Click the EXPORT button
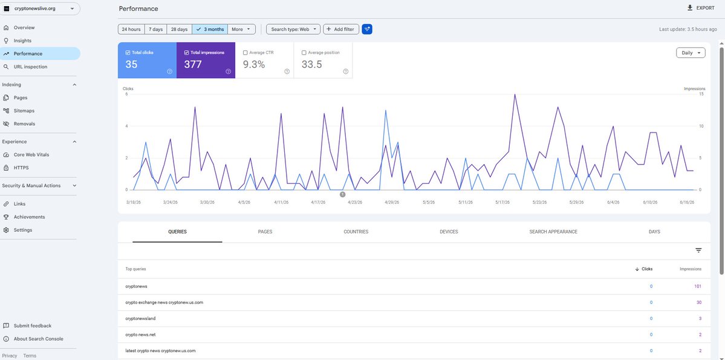(700, 8)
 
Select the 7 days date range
(155, 29)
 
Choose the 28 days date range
(179, 29)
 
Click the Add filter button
(341, 29)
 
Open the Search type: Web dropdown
(293, 29)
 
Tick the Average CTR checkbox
(245, 53)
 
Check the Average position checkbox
(304, 53)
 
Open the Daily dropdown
(691, 53)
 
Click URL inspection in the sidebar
(30, 67)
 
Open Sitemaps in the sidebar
(24, 111)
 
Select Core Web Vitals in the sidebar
(31, 154)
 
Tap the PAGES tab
(265, 232)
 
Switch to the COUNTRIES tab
(356, 232)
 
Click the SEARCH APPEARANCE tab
(553, 232)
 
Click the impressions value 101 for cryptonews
(698, 286)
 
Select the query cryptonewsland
(138, 318)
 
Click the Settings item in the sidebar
(22, 230)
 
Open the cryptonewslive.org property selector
(41, 8)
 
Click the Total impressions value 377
(193, 64)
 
